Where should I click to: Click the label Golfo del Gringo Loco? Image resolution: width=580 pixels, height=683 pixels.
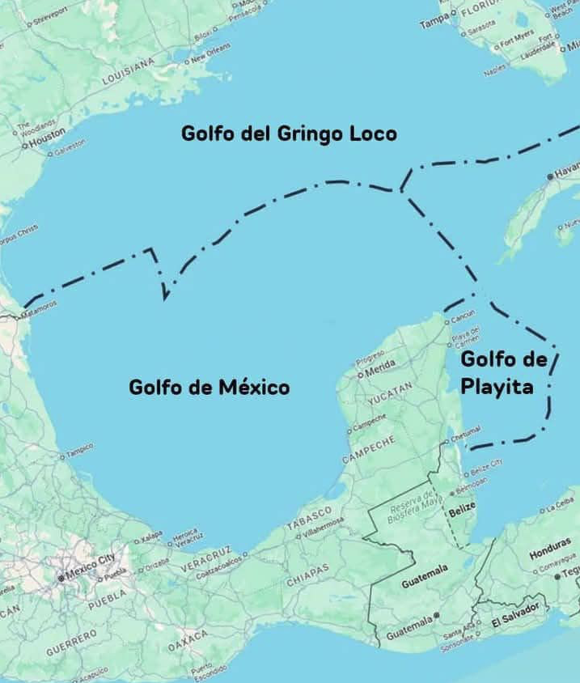pos(289,134)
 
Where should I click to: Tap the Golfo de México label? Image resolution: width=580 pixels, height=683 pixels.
pos(209,387)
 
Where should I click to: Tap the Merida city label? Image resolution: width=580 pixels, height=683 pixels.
pos(380,372)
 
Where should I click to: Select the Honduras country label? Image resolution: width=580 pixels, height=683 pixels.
pos(550,555)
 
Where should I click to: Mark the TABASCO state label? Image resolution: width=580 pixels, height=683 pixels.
pos(309,518)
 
